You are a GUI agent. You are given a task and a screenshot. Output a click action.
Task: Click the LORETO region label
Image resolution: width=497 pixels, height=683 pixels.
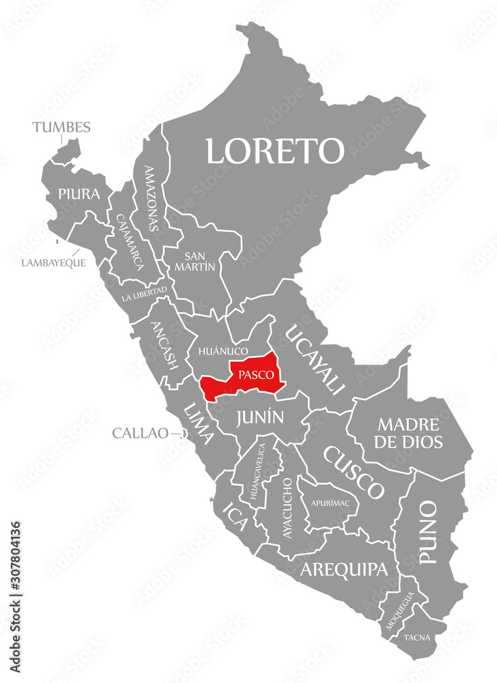pos(275,150)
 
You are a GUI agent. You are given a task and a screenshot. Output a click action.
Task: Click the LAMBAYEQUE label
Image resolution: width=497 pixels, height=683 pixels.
pos(53,262)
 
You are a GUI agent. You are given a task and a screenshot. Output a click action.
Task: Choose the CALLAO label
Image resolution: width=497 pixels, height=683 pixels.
pos(140,432)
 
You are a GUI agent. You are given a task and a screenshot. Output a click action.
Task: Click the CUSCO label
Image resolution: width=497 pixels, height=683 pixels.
pos(353,471)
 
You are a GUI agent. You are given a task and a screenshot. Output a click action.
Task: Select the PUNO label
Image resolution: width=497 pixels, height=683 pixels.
pos(428,532)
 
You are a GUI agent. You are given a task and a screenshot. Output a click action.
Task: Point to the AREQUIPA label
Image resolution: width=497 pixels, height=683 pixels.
pos(345,569)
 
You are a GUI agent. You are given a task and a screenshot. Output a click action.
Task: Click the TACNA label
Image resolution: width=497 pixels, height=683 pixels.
pos(416,638)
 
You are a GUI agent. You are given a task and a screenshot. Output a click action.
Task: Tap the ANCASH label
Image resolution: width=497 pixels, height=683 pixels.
pos(165,346)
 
